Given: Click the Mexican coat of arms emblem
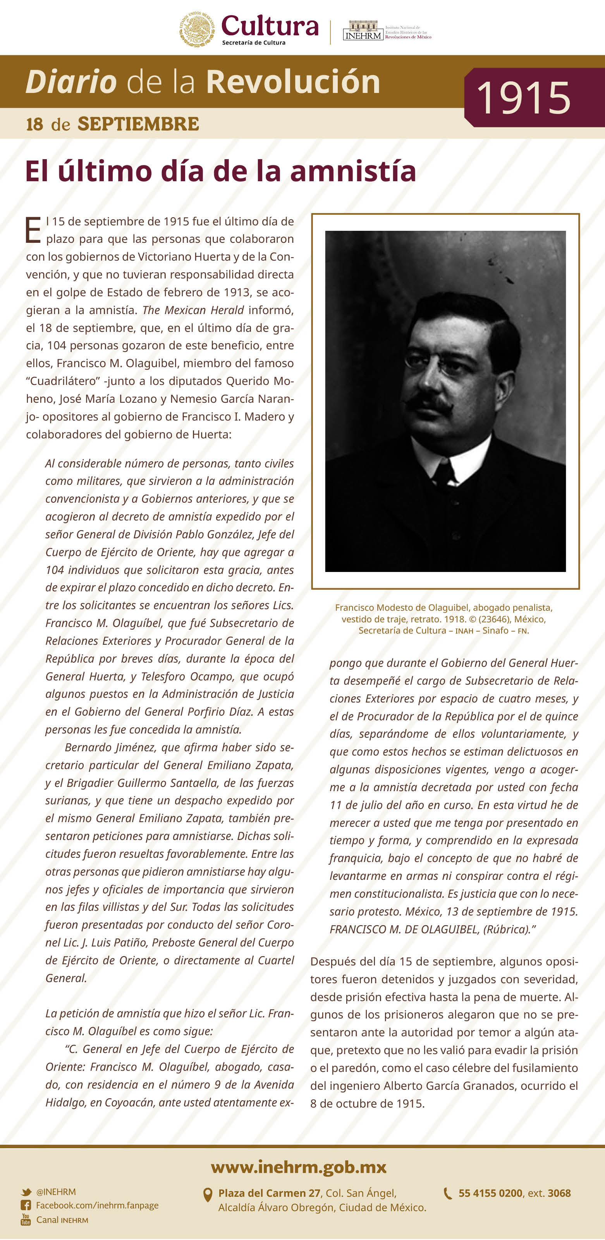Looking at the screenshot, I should (197, 29).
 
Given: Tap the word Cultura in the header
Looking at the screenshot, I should (270, 26).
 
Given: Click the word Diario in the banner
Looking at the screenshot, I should (71, 81).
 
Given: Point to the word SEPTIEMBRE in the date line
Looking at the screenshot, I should (138, 124).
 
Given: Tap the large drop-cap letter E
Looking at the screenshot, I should (33, 230).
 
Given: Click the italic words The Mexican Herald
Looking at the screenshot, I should (193, 310).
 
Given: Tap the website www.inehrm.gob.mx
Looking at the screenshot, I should (298, 1167).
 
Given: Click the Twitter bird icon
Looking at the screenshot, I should (26, 1192).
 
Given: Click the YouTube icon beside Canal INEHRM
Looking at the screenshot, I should (26, 1219).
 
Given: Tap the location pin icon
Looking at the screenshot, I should (208, 1195).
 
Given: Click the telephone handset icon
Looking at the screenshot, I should (448, 1193).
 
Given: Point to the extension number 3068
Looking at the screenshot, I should (559, 1193).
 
